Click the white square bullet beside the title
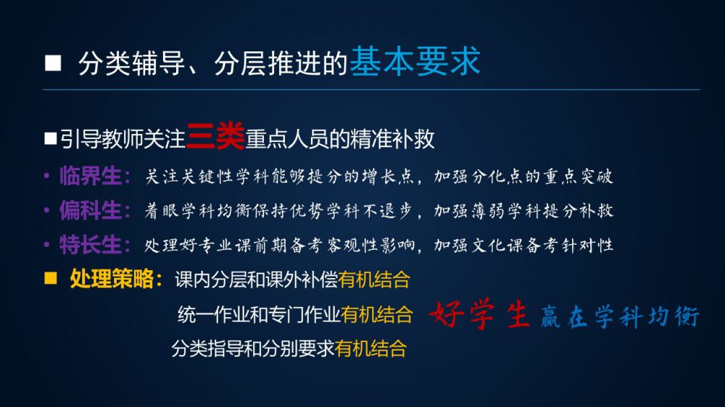click(x=53, y=63)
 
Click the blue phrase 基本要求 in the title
click(x=415, y=62)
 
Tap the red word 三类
click(x=215, y=136)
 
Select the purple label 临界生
click(x=91, y=176)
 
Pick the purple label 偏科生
click(x=91, y=210)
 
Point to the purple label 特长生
click(x=91, y=244)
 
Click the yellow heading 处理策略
click(x=112, y=279)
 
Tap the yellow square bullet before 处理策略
click(x=51, y=277)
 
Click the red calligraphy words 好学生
click(x=479, y=315)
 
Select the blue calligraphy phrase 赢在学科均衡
click(x=620, y=317)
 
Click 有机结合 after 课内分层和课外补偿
click(x=374, y=280)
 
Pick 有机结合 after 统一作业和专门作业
click(x=377, y=314)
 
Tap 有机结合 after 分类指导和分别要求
click(x=370, y=348)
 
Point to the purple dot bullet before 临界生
click(x=46, y=176)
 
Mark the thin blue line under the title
click(x=371, y=89)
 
